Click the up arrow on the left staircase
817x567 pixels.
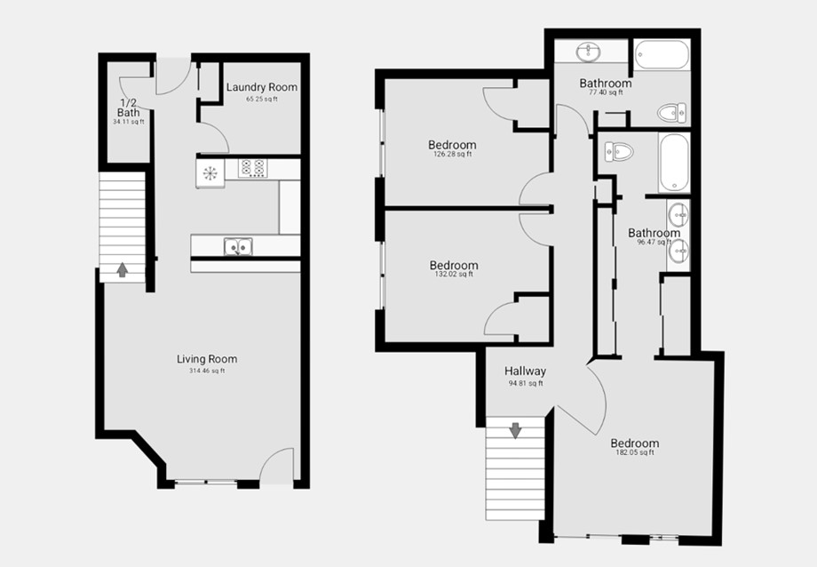coord(123,269)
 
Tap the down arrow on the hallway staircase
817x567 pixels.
coord(515,431)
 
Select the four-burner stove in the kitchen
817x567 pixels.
coord(253,168)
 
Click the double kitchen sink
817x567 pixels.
coord(238,247)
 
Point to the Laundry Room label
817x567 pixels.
coord(262,87)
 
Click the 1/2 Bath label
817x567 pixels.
coord(128,108)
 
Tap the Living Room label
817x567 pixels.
coord(207,359)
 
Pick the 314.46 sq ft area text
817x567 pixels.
coord(207,371)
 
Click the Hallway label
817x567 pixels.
coord(525,371)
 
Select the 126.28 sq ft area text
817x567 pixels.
coord(452,155)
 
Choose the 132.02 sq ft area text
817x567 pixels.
coord(454,275)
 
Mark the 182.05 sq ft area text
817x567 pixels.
coord(635,452)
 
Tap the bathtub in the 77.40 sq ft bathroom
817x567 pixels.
coord(662,54)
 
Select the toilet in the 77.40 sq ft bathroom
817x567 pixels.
coord(671,113)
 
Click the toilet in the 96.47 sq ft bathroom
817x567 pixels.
coord(619,152)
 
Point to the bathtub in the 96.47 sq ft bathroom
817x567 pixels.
coord(674,163)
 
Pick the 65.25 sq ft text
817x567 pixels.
coord(262,100)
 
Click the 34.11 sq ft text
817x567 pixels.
coord(128,122)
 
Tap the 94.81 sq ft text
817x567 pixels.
coord(525,383)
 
